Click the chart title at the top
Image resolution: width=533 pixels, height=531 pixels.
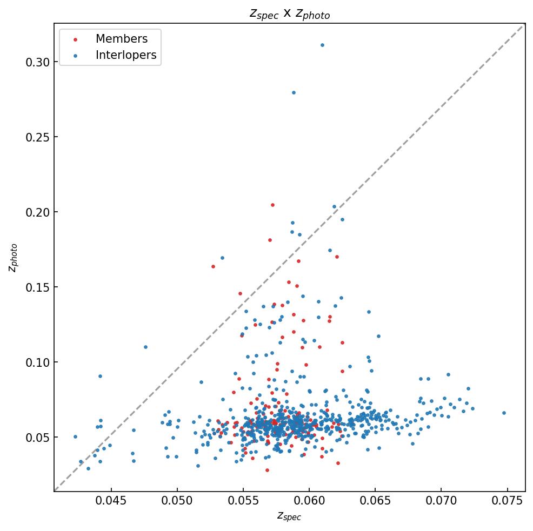pos(289,14)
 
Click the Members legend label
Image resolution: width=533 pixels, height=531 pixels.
pos(121,39)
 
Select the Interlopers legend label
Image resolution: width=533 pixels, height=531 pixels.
pos(125,55)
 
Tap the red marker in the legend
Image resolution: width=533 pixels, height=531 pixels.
pos(75,39)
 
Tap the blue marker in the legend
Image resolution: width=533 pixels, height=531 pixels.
pos(75,56)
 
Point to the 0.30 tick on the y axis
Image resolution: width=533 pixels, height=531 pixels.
pos(37,62)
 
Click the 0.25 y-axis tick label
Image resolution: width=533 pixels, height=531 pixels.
pos(37,137)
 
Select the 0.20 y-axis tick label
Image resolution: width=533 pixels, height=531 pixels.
pos(37,212)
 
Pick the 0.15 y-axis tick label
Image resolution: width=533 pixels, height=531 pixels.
pos(37,287)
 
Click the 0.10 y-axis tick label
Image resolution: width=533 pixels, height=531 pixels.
pos(37,362)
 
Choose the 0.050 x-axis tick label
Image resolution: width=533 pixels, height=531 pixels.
pos(177,501)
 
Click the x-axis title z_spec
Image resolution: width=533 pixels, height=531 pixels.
pos(289,516)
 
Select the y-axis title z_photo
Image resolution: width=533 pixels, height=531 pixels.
pos(14,258)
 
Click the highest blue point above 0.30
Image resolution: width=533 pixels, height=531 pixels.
pos(322,45)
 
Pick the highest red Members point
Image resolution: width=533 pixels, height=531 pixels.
pos(272,205)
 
